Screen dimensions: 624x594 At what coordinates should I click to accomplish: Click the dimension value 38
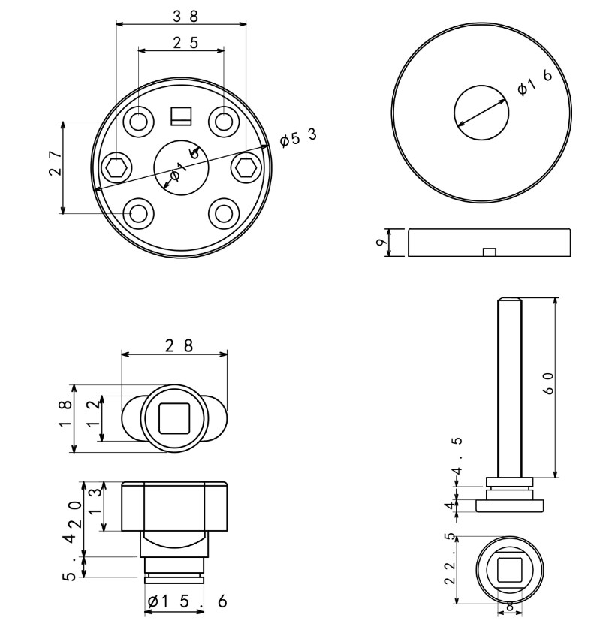[x=181, y=16]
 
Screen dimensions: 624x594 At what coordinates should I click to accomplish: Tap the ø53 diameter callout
[x=297, y=138]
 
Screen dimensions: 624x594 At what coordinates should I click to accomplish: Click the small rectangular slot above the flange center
[x=181, y=116]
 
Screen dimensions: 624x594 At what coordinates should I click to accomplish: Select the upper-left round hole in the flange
[x=139, y=122]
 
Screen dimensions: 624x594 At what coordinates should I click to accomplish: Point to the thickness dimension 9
[x=382, y=243]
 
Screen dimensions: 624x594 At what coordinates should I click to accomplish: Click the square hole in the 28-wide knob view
[x=175, y=418]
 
